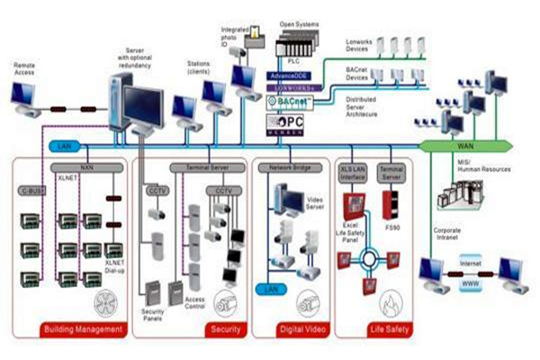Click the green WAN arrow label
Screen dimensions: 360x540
pyautogui.click(x=463, y=145)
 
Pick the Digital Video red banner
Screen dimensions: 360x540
pyautogui.click(x=286, y=329)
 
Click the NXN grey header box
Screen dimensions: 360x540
pyautogui.click(x=86, y=167)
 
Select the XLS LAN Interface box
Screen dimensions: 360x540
pyautogui.click(x=352, y=171)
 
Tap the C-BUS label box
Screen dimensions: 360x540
pyautogui.click(x=31, y=192)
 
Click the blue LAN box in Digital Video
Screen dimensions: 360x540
pyautogui.click(x=271, y=289)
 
